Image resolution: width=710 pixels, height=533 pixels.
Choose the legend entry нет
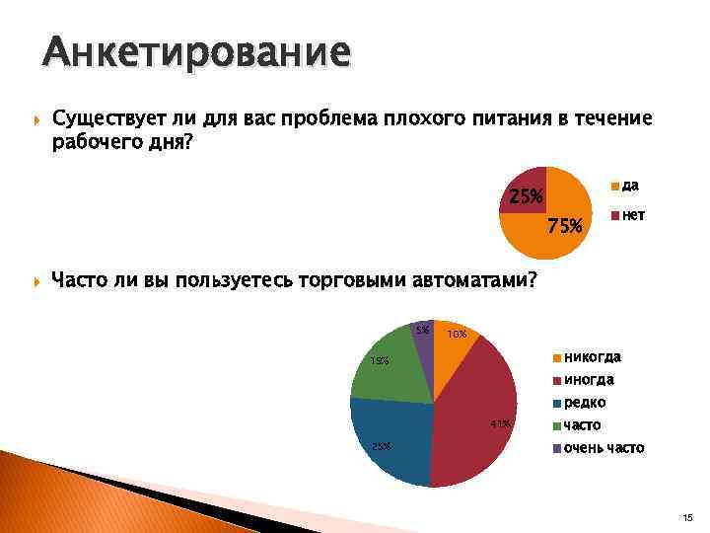pyautogui.click(x=633, y=214)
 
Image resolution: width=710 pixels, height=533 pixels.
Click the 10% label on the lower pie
pyautogui.click(x=457, y=336)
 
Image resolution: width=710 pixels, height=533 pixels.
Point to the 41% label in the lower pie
pyautogui.click(x=500, y=424)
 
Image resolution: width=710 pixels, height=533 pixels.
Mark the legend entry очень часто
pyautogui.click(x=603, y=448)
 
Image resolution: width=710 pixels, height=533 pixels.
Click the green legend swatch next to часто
pyautogui.click(x=556, y=426)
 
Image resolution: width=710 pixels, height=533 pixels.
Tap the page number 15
pyautogui.click(x=687, y=516)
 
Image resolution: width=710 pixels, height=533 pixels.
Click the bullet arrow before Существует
pyautogui.click(x=36, y=120)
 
